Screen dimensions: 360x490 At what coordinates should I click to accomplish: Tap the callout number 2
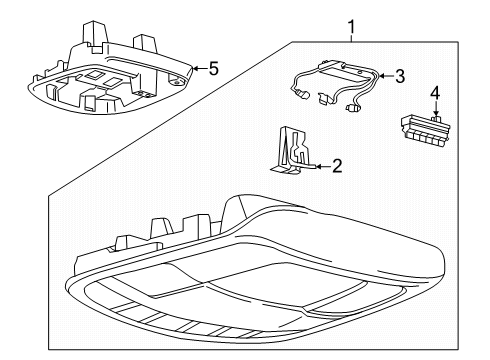click(336, 166)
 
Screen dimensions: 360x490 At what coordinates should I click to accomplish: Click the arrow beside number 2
click(319, 166)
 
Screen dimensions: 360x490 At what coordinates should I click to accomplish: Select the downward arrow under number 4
click(434, 113)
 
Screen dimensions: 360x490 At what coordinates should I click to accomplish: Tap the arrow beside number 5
click(196, 68)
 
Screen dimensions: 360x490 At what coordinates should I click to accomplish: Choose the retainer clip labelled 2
click(291, 153)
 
